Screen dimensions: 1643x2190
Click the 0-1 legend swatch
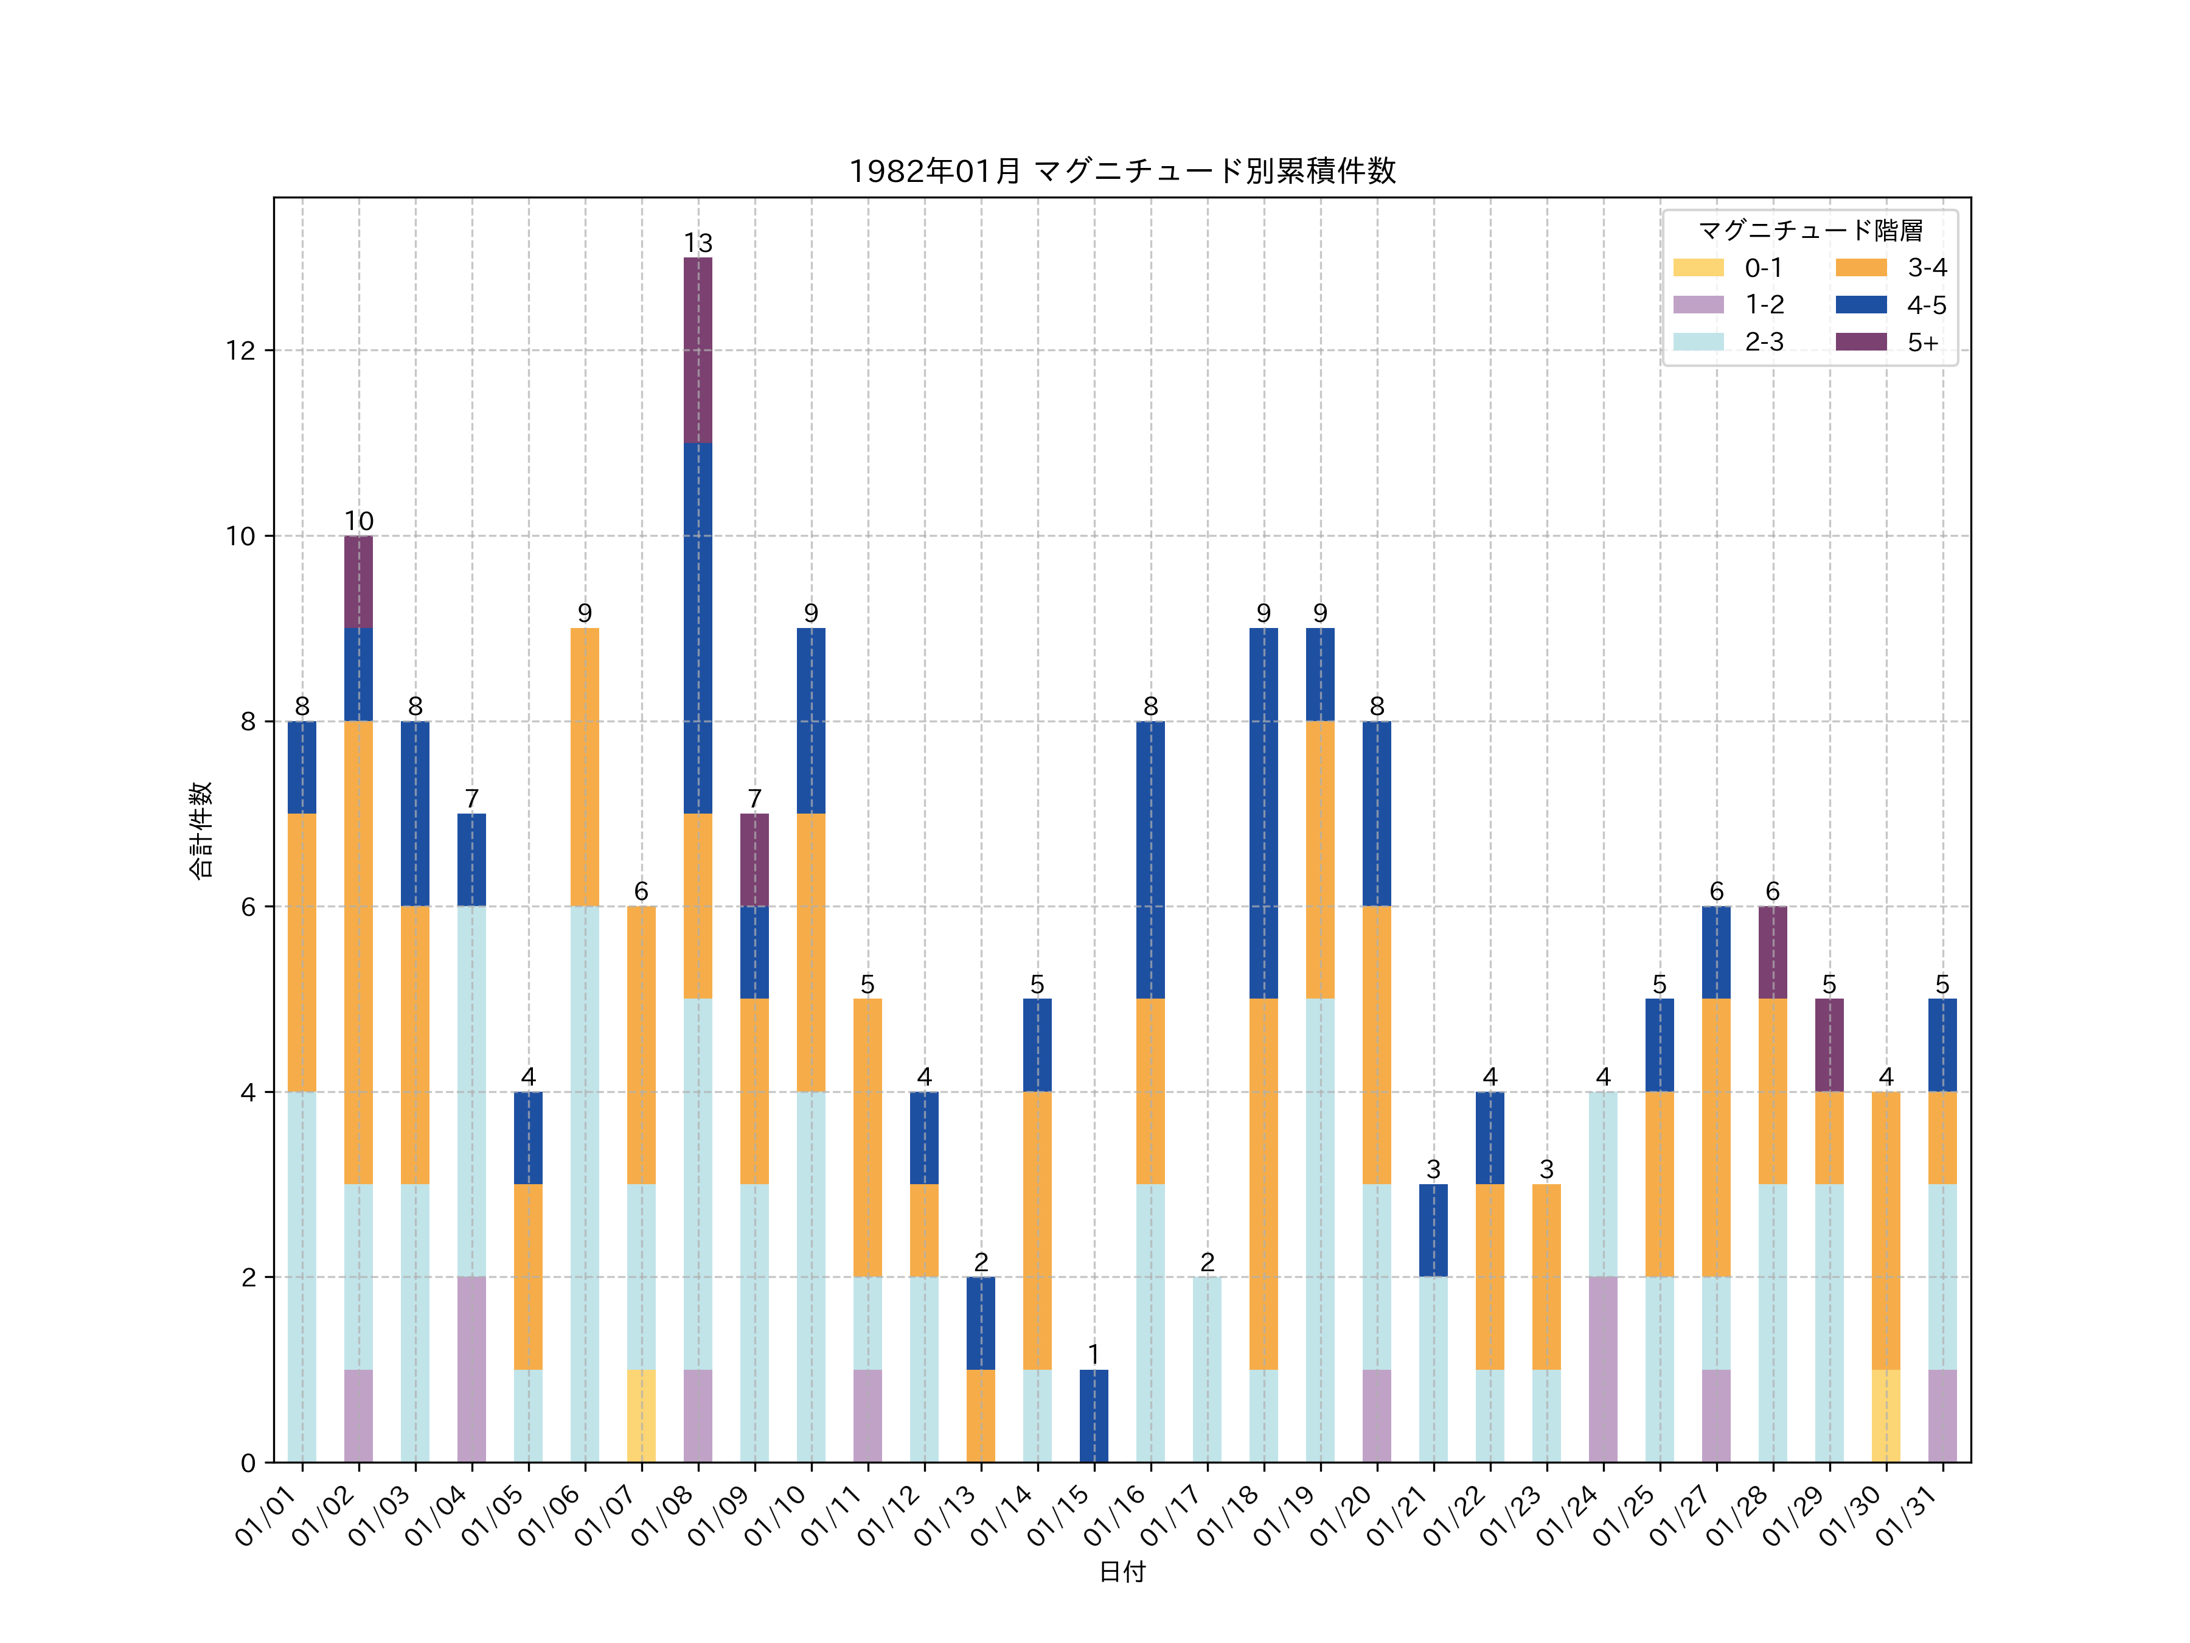[x=1698, y=267]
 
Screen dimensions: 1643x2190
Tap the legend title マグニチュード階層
[x=1810, y=231]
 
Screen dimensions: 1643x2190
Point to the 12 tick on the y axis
[x=240, y=351]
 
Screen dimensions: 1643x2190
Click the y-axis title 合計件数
[x=201, y=830]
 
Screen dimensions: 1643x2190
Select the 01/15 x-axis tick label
[x=1062, y=1515]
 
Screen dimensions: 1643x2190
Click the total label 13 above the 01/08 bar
[x=698, y=243]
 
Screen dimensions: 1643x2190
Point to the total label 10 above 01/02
[x=358, y=521]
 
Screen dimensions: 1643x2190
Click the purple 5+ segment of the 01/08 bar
[x=698, y=350]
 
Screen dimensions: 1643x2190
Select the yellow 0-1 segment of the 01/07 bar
[x=642, y=1415]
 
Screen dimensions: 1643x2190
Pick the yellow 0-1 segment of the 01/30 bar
[x=1886, y=1415]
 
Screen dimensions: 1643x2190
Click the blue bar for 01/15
[x=1094, y=1415]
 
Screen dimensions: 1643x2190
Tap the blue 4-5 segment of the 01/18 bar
[x=1264, y=813]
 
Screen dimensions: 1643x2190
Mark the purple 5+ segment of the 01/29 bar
[x=1830, y=1045]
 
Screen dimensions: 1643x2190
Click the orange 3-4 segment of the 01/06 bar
[x=585, y=767]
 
